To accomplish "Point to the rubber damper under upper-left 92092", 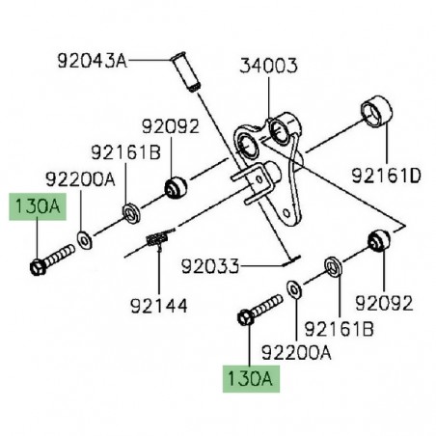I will click(x=174, y=187).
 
